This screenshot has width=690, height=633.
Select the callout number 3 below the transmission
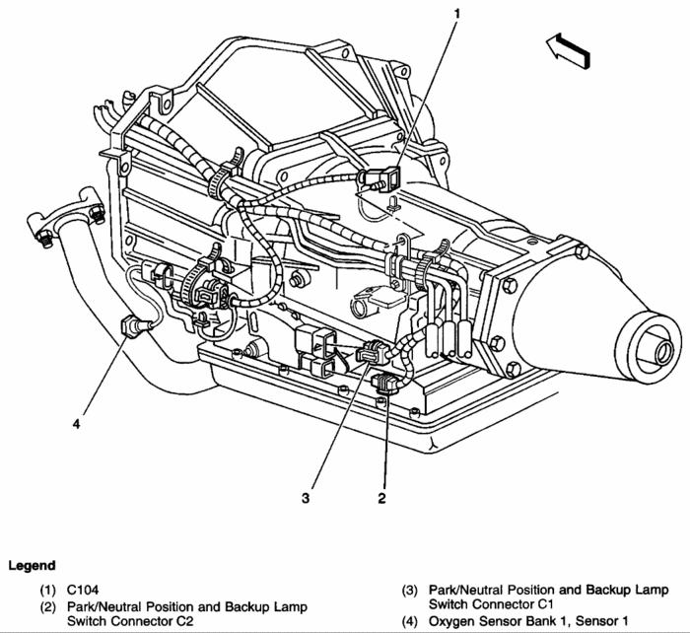click(x=307, y=499)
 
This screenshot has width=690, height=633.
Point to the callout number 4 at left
click(x=75, y=426)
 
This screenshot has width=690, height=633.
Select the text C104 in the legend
click(x=85, y=590)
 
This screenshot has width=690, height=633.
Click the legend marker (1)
click(x=48, y=590)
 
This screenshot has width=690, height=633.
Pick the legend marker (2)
click(x=48, y=605)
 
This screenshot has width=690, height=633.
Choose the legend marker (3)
click(x=411, y=590)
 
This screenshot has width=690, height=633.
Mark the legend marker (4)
click(x=411, y=621)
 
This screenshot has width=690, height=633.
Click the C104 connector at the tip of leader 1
click(x=384, y=180)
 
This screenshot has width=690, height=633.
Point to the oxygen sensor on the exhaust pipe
click(x=131, y=323)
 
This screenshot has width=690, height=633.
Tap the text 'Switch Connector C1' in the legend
click(x=488, y=605)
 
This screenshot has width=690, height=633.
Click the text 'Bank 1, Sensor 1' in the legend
click(x=573, y=621)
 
